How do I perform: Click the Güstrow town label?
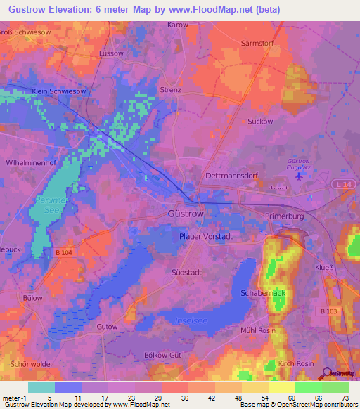pos(186,213)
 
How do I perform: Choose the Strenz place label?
pos(171,90)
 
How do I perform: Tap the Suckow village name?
pos(260,121)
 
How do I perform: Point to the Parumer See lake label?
pos(47,203)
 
